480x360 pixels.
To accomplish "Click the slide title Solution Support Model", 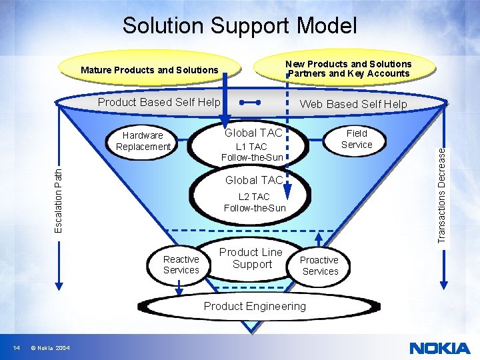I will (239, 26).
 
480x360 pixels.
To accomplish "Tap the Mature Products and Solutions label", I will (149, 70).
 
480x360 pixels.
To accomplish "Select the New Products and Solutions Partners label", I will (349, 69).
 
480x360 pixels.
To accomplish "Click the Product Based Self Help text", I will (159, 102).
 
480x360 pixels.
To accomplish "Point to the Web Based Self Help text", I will (353, 104).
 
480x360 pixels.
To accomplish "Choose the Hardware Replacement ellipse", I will (143, 141).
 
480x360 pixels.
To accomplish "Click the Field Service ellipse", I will (357, 139).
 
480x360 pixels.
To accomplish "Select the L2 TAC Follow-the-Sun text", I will (255, 203).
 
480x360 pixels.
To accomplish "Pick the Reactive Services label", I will (181, 265).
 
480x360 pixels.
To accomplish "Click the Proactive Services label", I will (320, 265).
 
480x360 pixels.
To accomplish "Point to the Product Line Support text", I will (251, 258).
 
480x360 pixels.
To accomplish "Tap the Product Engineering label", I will (255, 306).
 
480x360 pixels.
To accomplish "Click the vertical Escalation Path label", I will (59, 199).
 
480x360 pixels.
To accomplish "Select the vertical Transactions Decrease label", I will (441, 194).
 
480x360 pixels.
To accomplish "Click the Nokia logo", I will (439, 348).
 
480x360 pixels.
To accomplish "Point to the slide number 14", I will (17, 348).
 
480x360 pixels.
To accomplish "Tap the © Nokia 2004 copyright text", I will (50, 348).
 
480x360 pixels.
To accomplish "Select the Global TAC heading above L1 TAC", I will (253, 133).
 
